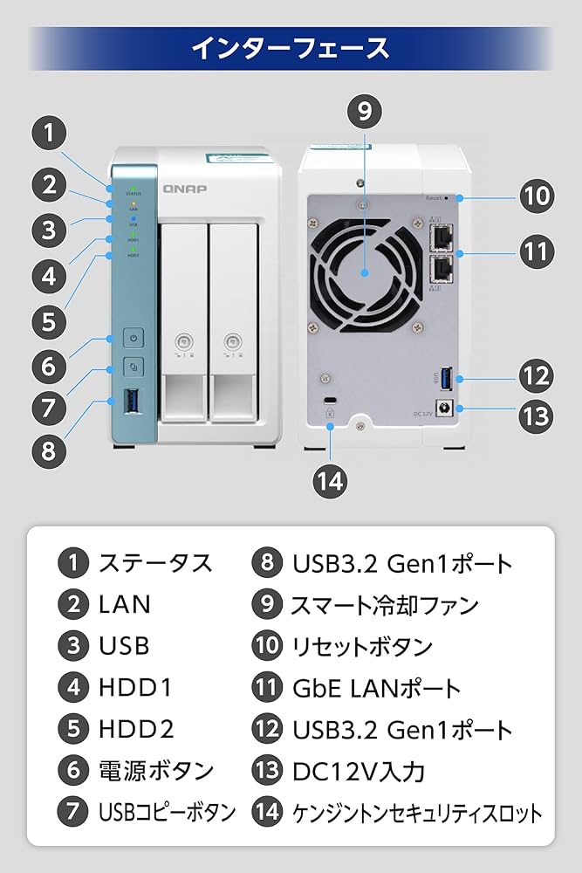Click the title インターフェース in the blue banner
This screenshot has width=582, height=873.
pos(291,47)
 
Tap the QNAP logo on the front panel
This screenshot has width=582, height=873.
pos(183,188)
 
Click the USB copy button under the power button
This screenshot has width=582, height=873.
pos(133,367)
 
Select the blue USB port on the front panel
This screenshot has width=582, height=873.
pos(134,403)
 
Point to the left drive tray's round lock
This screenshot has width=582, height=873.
pos(183,343)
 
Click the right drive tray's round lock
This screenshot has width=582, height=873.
pos(232,343)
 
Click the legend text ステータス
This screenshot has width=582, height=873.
pos(155,562)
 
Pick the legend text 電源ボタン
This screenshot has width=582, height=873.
pos(155,770)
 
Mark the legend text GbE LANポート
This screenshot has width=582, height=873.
pos(376,688)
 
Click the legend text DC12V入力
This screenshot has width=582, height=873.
pos(359,771)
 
